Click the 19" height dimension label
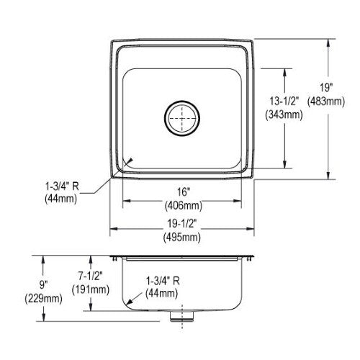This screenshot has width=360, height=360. tap(326, 87)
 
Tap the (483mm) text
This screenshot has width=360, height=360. tap(326, 102)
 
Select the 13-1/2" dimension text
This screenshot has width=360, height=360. tap(284, 101)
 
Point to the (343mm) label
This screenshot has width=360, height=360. tap(284, 114)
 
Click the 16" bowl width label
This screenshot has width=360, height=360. tap(184, 192)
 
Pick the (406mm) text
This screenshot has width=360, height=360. tap(184, 205)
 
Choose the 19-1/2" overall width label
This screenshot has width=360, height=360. tap(182, 224)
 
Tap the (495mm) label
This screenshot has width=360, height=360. tap(182, 238)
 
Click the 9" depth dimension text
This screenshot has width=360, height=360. tap(44, 285)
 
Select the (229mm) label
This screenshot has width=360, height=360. tap(44, 299)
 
